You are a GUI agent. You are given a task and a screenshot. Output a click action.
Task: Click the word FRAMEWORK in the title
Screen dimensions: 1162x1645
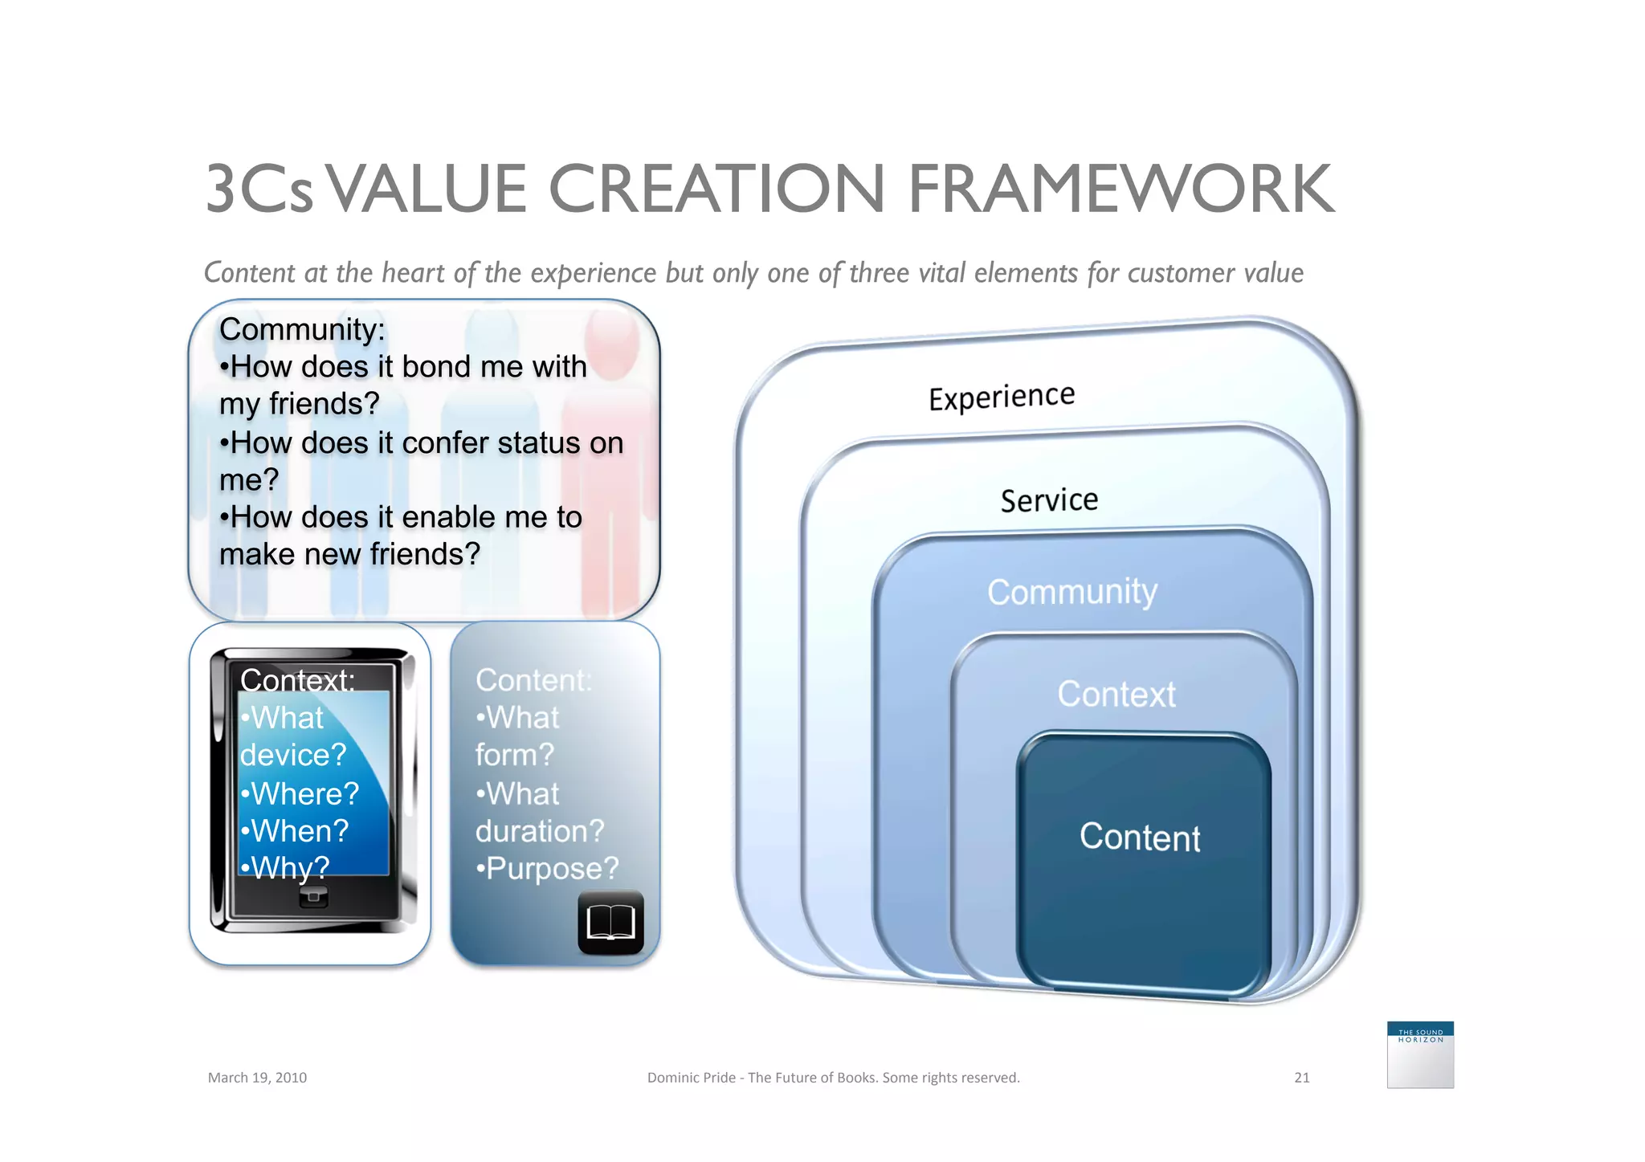pyautogui.click(x=1120, y=190)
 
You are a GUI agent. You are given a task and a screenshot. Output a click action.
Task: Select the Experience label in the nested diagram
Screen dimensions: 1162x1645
pyautogui.click(x=1001, y=397)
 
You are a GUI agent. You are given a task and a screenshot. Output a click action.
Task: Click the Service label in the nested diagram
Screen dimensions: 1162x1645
pyautogui.click(x=1049, y=500)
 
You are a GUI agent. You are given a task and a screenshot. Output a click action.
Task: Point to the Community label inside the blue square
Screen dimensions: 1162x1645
pyautogui.click(x=1072, y=592)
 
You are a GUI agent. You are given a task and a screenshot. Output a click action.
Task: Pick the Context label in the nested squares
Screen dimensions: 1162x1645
pyautogui.click(x=1116, y=694)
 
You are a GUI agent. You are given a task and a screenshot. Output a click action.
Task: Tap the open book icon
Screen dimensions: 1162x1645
pyautogui.click(x=610, y=923)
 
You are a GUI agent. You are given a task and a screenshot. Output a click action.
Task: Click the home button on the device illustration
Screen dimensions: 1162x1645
pyautogui.click(x=313, y=896)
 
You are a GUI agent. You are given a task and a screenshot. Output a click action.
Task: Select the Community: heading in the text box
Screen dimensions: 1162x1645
pyautogui.click(x=302, y=329)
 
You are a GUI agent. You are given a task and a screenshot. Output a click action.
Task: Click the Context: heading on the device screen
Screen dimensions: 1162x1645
pyautogui.click(x=297, y=680)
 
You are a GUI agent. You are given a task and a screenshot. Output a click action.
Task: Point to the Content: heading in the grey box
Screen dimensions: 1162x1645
pyautogui.click(x=533, y=680)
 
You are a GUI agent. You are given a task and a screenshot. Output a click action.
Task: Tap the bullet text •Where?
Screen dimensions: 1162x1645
pyautogui.click(x=300, y=793)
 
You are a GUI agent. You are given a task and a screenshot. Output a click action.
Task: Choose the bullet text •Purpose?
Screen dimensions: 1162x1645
pyautogui.click(x=547, y=868)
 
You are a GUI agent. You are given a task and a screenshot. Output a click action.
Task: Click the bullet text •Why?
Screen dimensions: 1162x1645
pyautogui.click(x=285, y=868)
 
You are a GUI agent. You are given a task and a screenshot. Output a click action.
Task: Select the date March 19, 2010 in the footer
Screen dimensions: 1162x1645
pyautogui.click(x=257, y=1078)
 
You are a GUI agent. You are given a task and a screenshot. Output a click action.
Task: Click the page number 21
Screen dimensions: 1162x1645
pyautogui.click(x=1301, y=1078)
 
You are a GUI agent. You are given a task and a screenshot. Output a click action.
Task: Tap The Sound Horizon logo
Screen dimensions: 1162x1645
pyautogui.click(x=1419, y=1054)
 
